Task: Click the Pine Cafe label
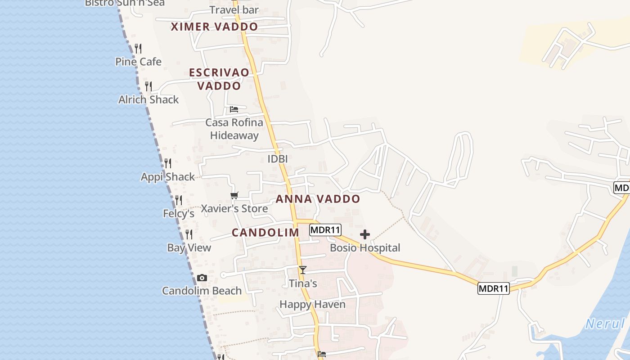pos(138,62)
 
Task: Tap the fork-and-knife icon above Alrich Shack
pos(148,86)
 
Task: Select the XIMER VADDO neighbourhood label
pos(214,27)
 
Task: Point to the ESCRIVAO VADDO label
pos(219,79)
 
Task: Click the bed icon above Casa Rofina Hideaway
pos(234,109)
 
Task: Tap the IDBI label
pos(277,159)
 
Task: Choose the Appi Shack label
pos(168,177)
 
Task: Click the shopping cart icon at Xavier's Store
pos(234,195)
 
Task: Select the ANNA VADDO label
pos(318,199)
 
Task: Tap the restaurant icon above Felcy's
pos(179,200)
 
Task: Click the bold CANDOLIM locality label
pos(265,233)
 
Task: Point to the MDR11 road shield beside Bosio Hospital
pos(325,230)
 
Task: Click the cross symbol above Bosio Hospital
pos(365,234)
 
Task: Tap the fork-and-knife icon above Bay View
pos(189,234)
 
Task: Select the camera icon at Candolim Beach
pos(202,278)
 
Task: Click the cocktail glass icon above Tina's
pos(303,270)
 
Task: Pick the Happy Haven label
pos(312,305)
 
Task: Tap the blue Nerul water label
pos(605,324)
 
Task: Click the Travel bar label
pos(234,10)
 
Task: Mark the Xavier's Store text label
pos(234,209)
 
